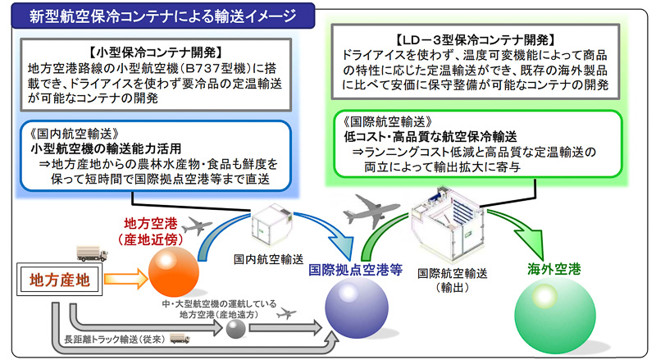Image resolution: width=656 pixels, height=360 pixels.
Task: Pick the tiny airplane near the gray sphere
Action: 287,314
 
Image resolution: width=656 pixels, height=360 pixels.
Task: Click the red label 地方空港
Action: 153,223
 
